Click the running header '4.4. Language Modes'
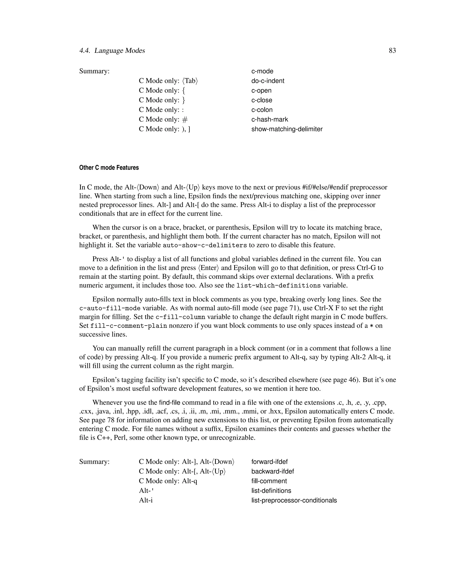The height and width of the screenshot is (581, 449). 112,51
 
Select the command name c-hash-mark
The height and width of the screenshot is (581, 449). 269,119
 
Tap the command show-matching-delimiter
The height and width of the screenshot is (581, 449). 287,129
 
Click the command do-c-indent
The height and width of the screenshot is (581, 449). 268,81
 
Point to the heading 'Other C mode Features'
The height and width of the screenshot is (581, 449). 109,168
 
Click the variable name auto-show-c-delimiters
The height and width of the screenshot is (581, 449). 205,245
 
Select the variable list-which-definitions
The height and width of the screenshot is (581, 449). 278,286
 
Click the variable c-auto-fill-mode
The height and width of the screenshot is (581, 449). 110,308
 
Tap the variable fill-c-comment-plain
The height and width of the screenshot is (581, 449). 128,326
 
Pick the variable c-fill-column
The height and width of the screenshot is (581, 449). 180,317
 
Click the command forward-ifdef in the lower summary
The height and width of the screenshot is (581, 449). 269,462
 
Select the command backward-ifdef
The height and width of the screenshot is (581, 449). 272,471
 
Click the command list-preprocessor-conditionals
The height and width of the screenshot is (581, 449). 294,500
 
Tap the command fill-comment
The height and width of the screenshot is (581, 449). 269,481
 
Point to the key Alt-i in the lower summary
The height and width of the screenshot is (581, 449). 146,500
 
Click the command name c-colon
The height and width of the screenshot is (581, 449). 262,110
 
